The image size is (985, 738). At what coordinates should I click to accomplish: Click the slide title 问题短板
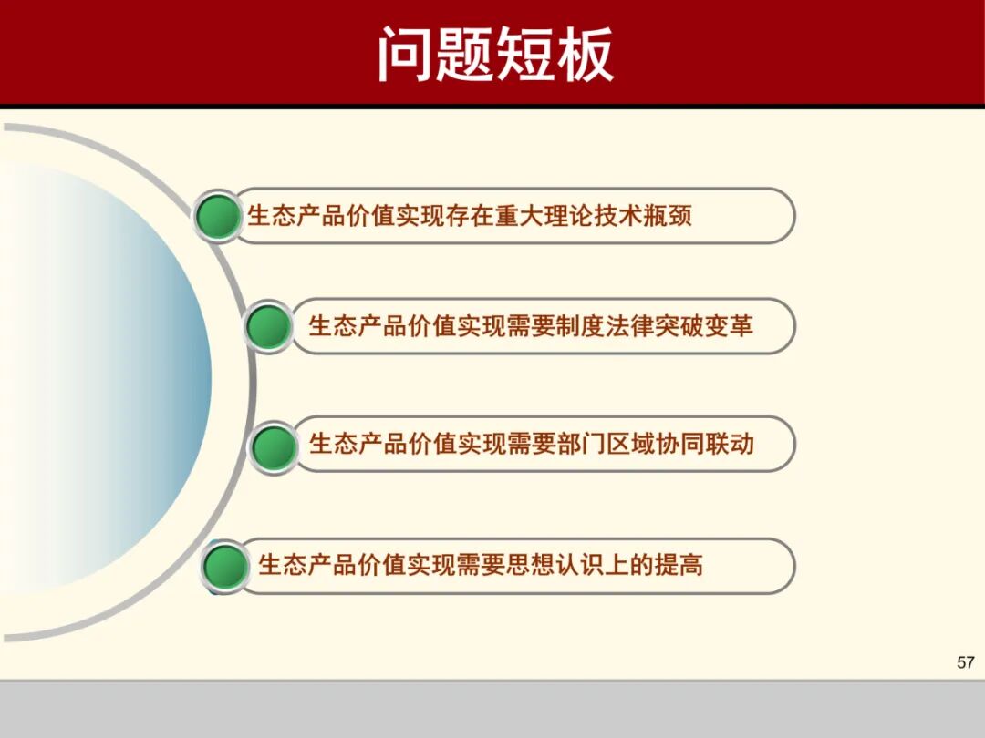coord(495,54)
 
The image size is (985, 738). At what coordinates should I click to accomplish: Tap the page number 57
coord(965,662)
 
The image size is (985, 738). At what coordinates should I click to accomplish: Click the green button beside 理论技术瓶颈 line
coord(219,217)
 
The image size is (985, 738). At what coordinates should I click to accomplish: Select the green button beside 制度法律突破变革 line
coord(269,326)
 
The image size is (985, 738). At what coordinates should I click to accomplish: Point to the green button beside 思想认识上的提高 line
coord(225,567)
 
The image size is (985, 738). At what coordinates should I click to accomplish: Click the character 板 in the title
coord(584,54)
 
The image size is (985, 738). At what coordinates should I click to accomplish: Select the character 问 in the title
coord(406,54)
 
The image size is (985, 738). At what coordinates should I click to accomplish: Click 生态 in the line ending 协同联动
coord(333,445)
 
